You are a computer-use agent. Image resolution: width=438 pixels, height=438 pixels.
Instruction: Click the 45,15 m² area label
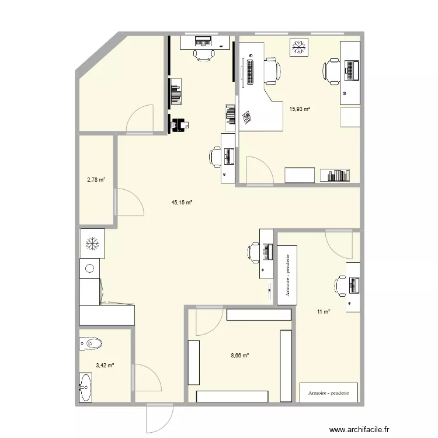182,203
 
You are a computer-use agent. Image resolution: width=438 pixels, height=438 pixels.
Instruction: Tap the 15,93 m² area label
300,107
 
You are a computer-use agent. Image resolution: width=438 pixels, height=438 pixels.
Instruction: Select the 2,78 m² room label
96,180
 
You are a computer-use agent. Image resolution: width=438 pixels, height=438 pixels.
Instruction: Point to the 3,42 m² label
105,366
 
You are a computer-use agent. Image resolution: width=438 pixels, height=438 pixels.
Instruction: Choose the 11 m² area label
324,312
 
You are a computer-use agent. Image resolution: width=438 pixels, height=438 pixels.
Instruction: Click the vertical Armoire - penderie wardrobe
287,275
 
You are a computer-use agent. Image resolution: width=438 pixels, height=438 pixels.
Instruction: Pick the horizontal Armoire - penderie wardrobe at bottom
325,392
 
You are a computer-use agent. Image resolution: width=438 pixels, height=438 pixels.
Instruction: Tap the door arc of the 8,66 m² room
205,322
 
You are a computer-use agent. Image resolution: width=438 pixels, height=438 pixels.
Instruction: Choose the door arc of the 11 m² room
339,242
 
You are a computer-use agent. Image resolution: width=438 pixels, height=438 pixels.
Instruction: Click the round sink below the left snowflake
89,269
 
